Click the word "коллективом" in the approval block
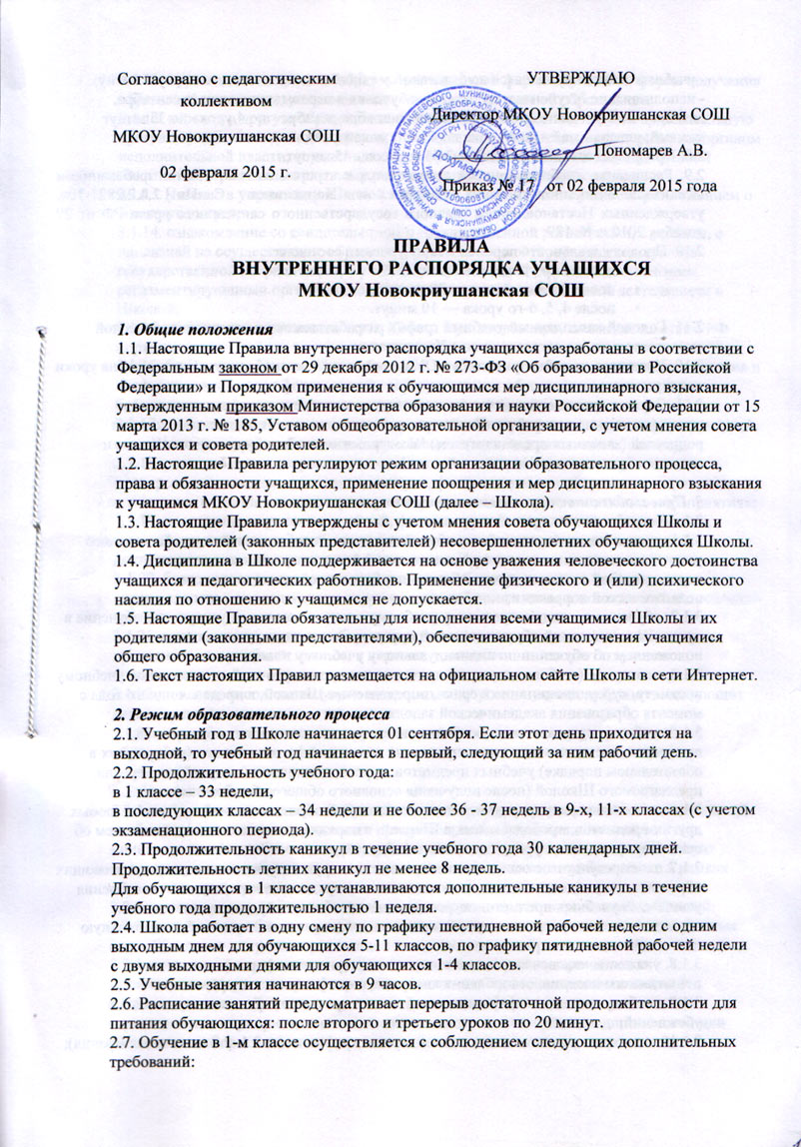[x=227, y=102]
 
